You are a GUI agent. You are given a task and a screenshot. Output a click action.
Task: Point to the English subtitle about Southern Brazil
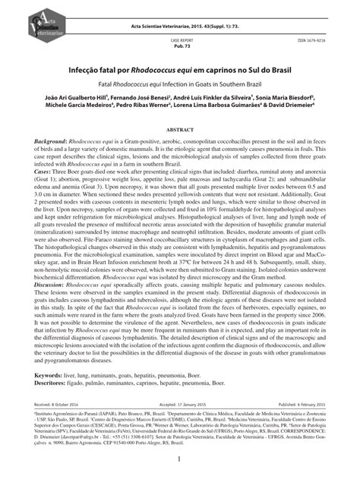pos(180,80)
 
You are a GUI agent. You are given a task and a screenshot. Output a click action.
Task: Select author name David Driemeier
pos(301,107)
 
